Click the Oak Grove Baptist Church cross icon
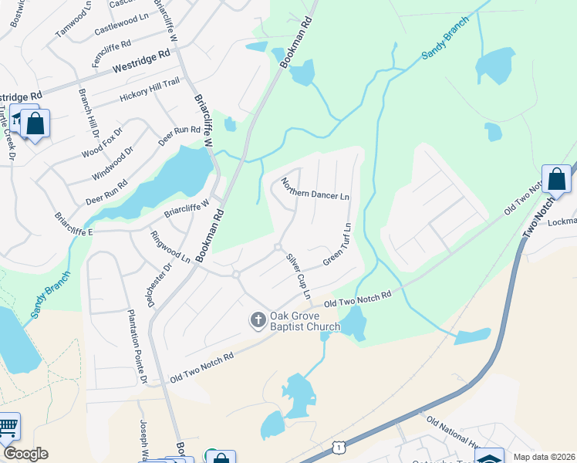pyautogui.click(x=258, y=319)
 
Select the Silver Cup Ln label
pyautogui.click(x=299, y=276)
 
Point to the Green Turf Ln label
pyautogui.click(x=337, y=245)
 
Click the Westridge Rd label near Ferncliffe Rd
pyautogui.click(x=140, y=62)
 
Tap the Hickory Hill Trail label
pyautogui.click(x=150, y=92)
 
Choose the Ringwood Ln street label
pyautogui.click(x=170, y=247)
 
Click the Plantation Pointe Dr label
pyautogui.click(x=136, y=347)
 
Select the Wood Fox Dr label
pyautogui.click(x=102, y=144)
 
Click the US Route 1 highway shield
pyautogui.click(x=337, y=447)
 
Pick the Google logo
pyautogui.click(x=25, y=454)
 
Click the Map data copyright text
pyautogui.click(x=544, y=457)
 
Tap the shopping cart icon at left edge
pyautogui.click(x=7, y=428)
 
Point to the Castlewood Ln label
pyautogui.click(x=121, y=25)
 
